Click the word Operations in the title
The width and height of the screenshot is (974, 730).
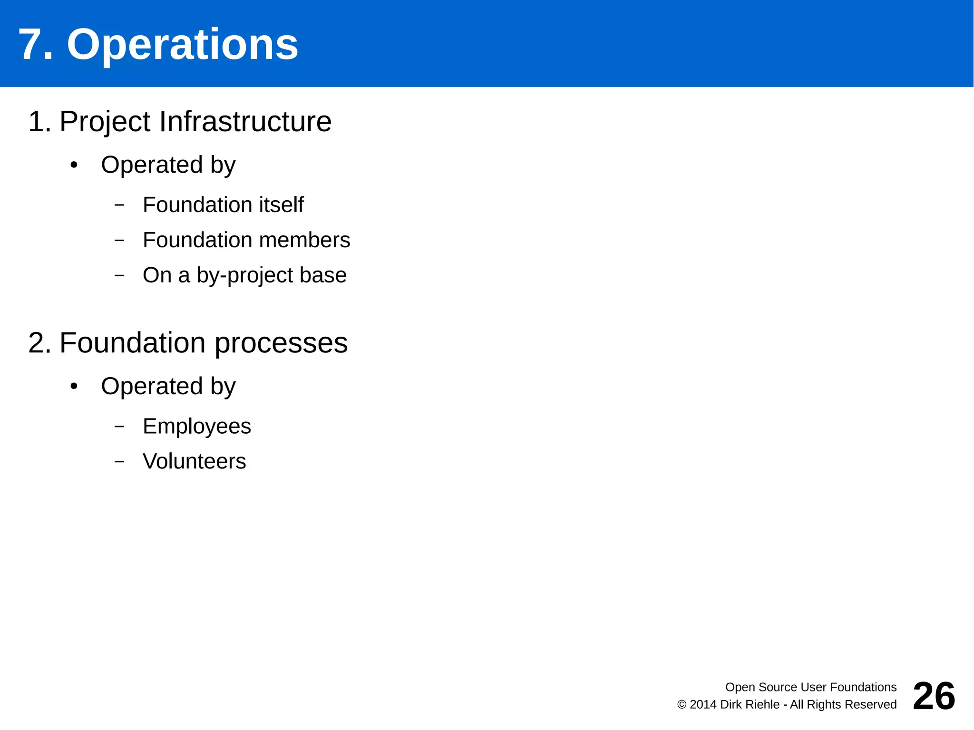coord(182,45)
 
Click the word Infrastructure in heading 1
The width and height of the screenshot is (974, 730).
coord(245,121)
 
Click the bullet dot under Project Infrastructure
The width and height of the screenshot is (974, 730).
coord(74,165)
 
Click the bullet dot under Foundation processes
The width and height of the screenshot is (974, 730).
coord(74,387)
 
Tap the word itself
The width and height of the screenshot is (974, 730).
coord(281,205)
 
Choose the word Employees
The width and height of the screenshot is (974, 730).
coord(196,427)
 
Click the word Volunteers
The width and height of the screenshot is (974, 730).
coord(194,461)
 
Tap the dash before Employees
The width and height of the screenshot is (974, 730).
coord(119,427)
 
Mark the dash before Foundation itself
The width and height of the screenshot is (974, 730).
coord(119,205)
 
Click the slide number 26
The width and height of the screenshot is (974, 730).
coord(934,696)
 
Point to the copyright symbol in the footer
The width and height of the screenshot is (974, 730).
coord(682,705)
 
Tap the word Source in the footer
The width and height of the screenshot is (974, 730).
coord(777,687)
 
